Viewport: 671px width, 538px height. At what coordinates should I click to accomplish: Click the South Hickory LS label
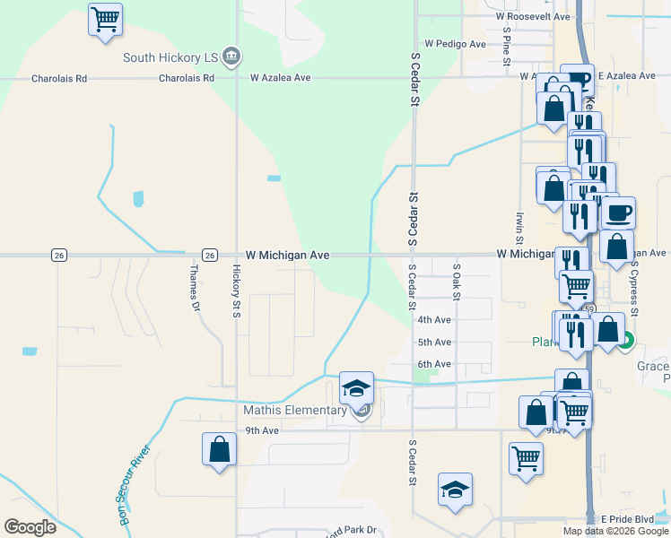(x=170, y=57)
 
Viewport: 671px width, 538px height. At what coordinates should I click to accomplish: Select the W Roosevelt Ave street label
(x=533, y=17)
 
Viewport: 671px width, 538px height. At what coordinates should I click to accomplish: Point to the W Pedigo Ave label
(x=455, y=43)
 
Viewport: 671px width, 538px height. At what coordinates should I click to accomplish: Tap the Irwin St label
(x=519, y=228)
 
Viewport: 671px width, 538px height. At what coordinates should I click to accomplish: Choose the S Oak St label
(x=457, y=281)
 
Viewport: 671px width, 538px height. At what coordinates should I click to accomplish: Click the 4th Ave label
(x=434, y=320)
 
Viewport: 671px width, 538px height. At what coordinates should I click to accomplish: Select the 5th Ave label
(x=434, y=343)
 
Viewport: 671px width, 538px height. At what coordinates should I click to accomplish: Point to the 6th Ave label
(x=434, y=364)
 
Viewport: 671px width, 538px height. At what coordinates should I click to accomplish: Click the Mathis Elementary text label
(x=295, y=411)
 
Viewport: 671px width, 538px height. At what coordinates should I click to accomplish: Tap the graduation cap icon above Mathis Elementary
(x=356, y=388)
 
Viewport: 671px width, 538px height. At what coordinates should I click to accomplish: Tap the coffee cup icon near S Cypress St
(x=617, y=213)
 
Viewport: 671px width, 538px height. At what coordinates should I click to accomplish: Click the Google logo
(x=30, y=527)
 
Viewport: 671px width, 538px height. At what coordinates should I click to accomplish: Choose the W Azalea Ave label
(x=280, y=78)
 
